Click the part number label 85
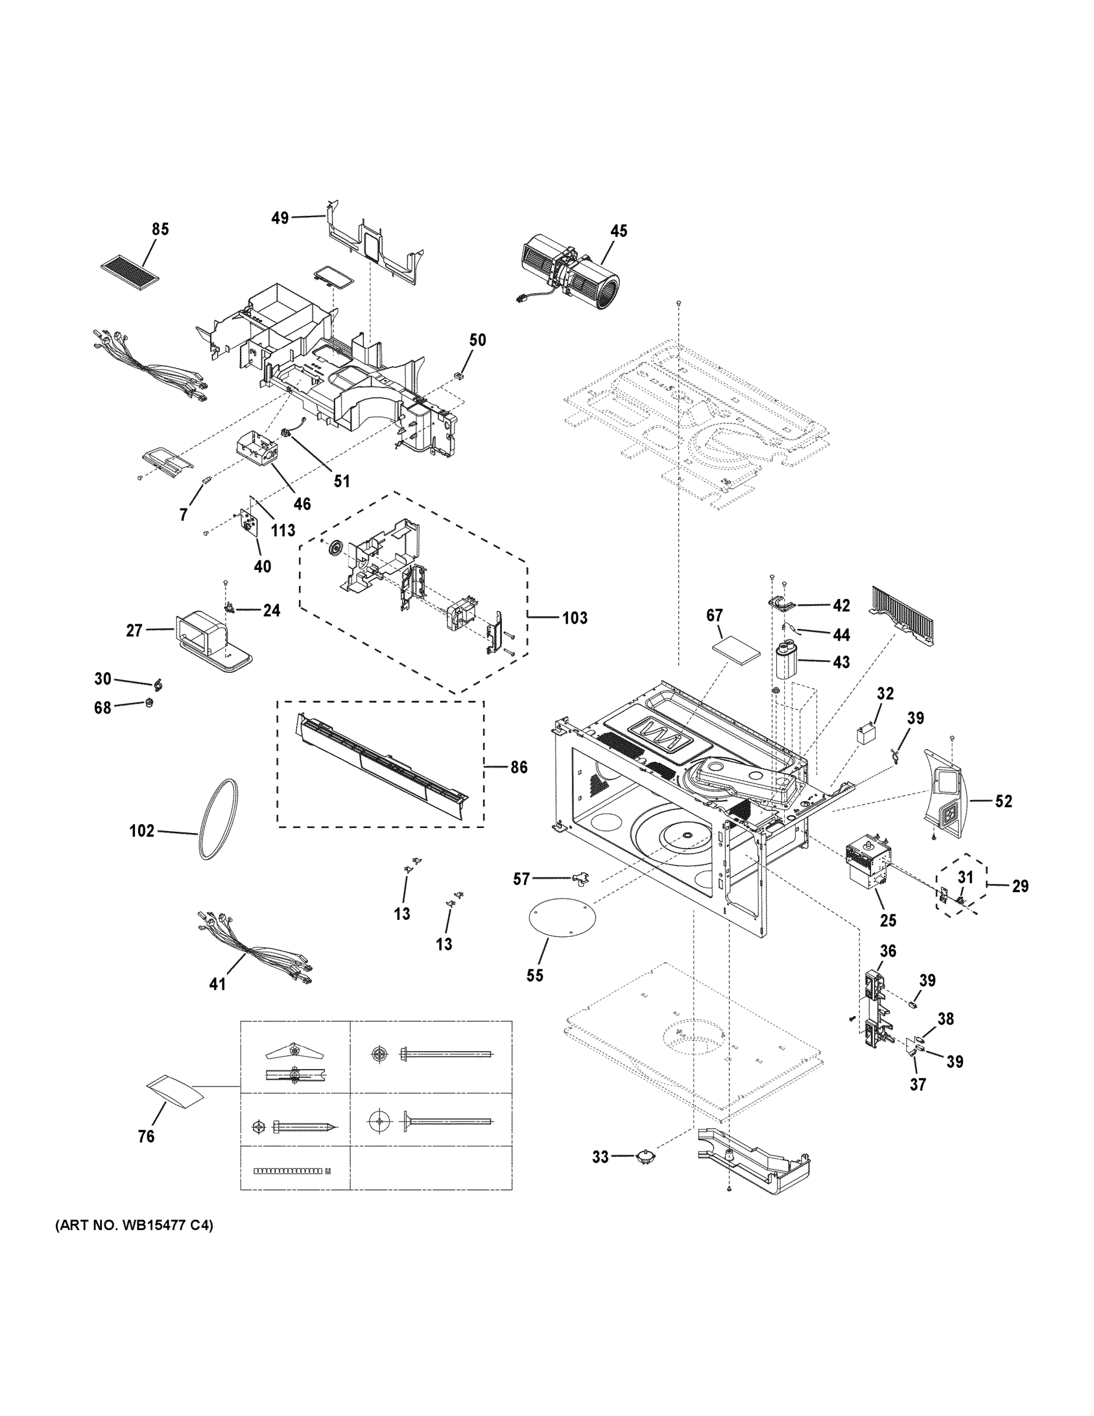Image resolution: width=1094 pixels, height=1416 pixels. pos(160,229)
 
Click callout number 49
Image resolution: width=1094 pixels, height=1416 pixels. pos(280,218)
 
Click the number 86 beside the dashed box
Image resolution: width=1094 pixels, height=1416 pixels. pos(518,768)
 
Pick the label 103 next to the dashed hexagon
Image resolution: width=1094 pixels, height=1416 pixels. pos(574,618)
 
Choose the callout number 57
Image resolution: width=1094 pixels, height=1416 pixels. pos(521,879)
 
